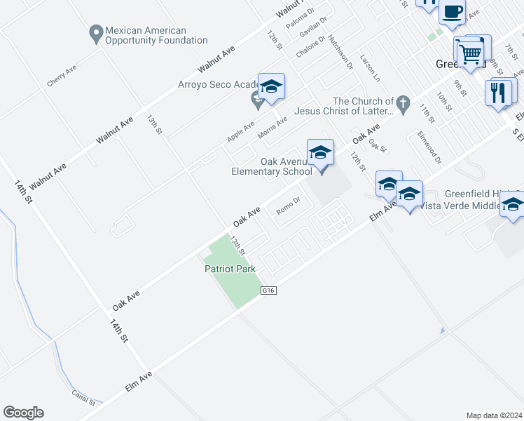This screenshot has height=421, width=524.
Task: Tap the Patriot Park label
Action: coord(230,269)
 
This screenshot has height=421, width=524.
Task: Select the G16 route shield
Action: coord(270,289)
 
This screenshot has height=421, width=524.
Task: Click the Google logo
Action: coord(23,413)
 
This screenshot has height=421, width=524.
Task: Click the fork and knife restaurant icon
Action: coord(498,93)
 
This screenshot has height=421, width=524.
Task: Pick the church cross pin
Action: coord(402,105)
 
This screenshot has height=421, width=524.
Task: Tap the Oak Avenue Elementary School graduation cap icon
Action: coord(320,152)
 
